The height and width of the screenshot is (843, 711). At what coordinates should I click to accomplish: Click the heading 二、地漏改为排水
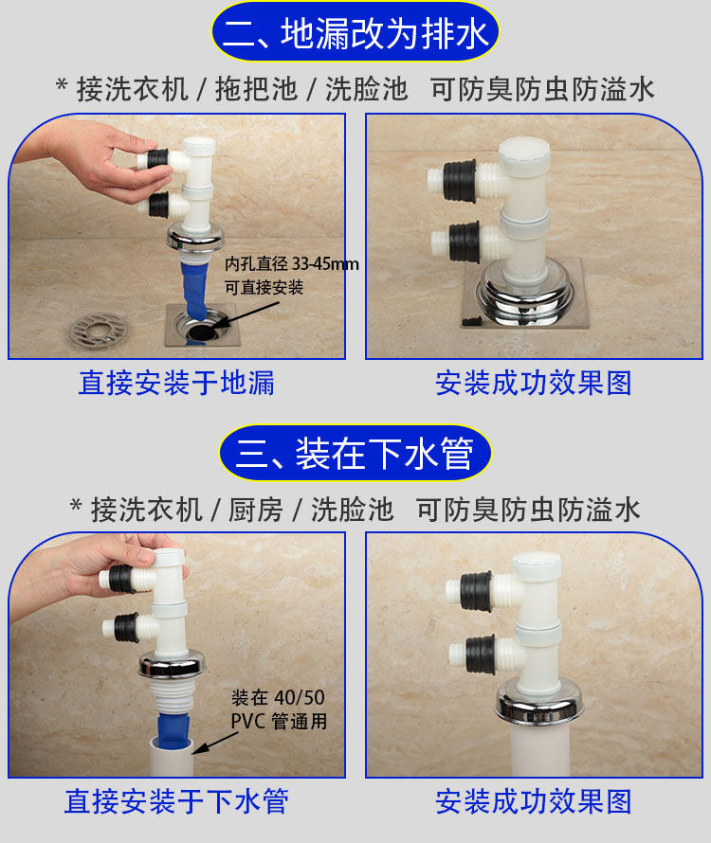click(x=355, y=33)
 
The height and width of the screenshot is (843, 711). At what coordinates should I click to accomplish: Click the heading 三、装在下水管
click(x=355, y=453)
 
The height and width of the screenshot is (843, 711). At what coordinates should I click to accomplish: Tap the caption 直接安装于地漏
click(x=176, y=383)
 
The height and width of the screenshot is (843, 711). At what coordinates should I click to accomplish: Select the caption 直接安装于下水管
click(x=176, y=801)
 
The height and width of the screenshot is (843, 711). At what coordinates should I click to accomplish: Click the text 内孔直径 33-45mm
click(x=291, y=264)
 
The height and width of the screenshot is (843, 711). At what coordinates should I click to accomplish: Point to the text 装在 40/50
click(x=278, y=697)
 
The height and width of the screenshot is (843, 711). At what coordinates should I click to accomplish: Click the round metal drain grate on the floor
click(x=99, y=329)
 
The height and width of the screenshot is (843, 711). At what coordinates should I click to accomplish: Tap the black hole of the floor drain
click(x=201, y=331)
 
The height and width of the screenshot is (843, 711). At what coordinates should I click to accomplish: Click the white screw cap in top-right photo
click(x=524, y=153)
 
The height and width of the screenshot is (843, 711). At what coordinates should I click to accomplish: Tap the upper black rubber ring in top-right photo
click(x=460, y=181)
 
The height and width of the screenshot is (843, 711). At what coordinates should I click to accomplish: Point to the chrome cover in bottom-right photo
click(x=539, y=699)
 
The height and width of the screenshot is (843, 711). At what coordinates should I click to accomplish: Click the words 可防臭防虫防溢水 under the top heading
click(x=542, y=89)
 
